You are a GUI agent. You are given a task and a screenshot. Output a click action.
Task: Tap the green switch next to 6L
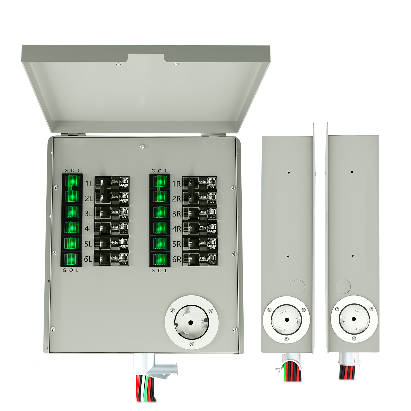coord(72,259)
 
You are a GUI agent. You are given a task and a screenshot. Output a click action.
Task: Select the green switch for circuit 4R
coord(160,228)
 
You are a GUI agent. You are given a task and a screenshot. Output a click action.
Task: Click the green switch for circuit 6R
coord(160,259)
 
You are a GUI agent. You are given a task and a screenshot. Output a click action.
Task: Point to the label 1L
coord(89,184)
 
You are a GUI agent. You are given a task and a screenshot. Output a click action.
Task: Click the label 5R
coord(176,244)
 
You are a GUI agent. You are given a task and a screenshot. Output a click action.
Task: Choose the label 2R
coord(176,199)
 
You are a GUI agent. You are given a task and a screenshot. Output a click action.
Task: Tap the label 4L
coord(88,229)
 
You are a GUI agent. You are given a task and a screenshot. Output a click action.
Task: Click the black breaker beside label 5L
coord(112,244)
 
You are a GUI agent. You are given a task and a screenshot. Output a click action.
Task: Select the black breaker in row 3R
coord(200,213)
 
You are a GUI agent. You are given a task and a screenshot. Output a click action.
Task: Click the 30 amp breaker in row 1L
coord(112,183)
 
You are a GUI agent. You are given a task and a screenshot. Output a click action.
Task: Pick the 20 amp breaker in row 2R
coord(200,198)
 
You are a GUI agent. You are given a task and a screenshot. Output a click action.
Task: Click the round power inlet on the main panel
coord(192,322)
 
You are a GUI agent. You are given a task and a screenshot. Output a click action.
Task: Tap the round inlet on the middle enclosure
coord(286,319)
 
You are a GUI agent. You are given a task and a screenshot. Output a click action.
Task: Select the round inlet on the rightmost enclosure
coord(354,319)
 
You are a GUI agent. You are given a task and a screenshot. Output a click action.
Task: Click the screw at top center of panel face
coord(142,146)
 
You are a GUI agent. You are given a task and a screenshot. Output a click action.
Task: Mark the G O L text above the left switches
coord(72,170)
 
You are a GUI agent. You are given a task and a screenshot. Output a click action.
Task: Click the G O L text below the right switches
coord(159,271)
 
